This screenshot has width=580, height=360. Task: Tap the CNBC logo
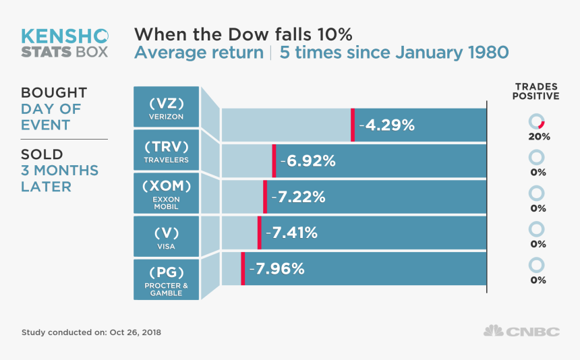[x=521, y=331]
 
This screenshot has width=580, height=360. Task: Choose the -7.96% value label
[x=277, y=268]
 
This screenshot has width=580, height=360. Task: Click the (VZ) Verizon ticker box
[x=167, y=107]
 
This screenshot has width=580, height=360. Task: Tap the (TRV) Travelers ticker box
[x=167, y=151]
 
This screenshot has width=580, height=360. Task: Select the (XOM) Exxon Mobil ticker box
[x=167, y=194]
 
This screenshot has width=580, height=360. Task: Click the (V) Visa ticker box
[x=167, y=237]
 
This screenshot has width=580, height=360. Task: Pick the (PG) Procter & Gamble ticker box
[x=167, y=279]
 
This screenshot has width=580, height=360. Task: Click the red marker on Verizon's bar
[x=352, y=125]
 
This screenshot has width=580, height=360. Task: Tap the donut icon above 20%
[x=537, y=121]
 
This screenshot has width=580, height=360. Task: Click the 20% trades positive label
[x=539, y=136]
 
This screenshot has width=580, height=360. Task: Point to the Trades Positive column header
[x=537, y=91]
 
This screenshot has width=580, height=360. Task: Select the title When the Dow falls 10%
[x=243, y=34]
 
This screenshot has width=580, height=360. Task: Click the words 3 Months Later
[x=59, y=178]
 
